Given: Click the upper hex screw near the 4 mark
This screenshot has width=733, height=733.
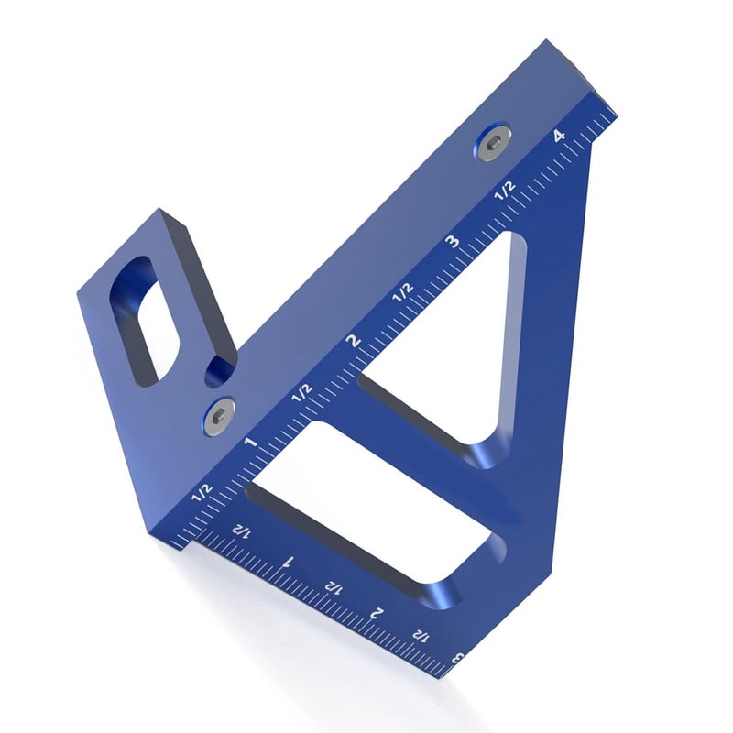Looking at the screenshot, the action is click(x=494, y=142).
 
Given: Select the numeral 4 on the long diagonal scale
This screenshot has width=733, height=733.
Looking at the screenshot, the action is click(x=560, y=136).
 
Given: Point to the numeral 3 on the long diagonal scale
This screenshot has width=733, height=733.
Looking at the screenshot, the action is click(x=453, y=242).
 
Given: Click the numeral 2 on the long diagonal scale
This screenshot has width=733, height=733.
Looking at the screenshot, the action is click(x=354, y=341).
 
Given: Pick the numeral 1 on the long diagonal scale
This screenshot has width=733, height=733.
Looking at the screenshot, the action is click(x=252, y=441).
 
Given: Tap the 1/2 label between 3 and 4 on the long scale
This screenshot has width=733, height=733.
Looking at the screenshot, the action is click(x=506, y=191).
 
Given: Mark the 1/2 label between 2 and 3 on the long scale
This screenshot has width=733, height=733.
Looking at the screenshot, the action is click(x=403, y=292).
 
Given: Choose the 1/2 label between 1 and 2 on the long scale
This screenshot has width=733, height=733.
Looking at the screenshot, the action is click(x=301, y=393).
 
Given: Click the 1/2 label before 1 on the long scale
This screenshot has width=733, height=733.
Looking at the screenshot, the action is click(x=202, y=492).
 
